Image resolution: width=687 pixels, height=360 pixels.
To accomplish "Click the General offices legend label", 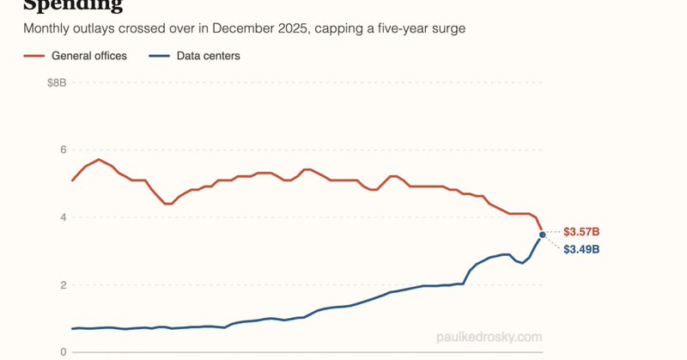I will coord(88,56).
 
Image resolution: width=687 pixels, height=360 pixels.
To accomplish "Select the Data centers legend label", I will coord(209,56).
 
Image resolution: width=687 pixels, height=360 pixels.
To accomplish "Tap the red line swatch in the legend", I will coord(34,56).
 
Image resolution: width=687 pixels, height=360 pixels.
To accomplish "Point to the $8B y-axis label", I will coord(56,82).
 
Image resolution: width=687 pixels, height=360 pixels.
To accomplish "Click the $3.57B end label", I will coord(581,232).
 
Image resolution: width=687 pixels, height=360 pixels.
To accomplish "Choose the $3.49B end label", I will coord(581,249).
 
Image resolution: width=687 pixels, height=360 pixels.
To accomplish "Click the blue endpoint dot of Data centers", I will coord(542,235).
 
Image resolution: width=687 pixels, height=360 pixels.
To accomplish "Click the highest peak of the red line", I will coord(100,160).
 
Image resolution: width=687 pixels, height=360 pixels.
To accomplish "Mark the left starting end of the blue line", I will coord(72,329).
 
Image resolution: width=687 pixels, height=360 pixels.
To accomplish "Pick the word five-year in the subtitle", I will coord(392,28).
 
